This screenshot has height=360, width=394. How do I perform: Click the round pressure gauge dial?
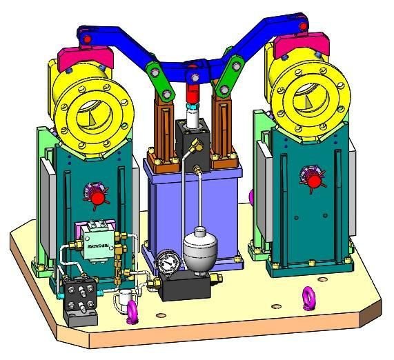click(x=166, y=262)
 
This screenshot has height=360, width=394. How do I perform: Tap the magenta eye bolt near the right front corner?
click(x=308, y=299)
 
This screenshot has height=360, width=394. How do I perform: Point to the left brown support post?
click(x=166, y=130)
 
